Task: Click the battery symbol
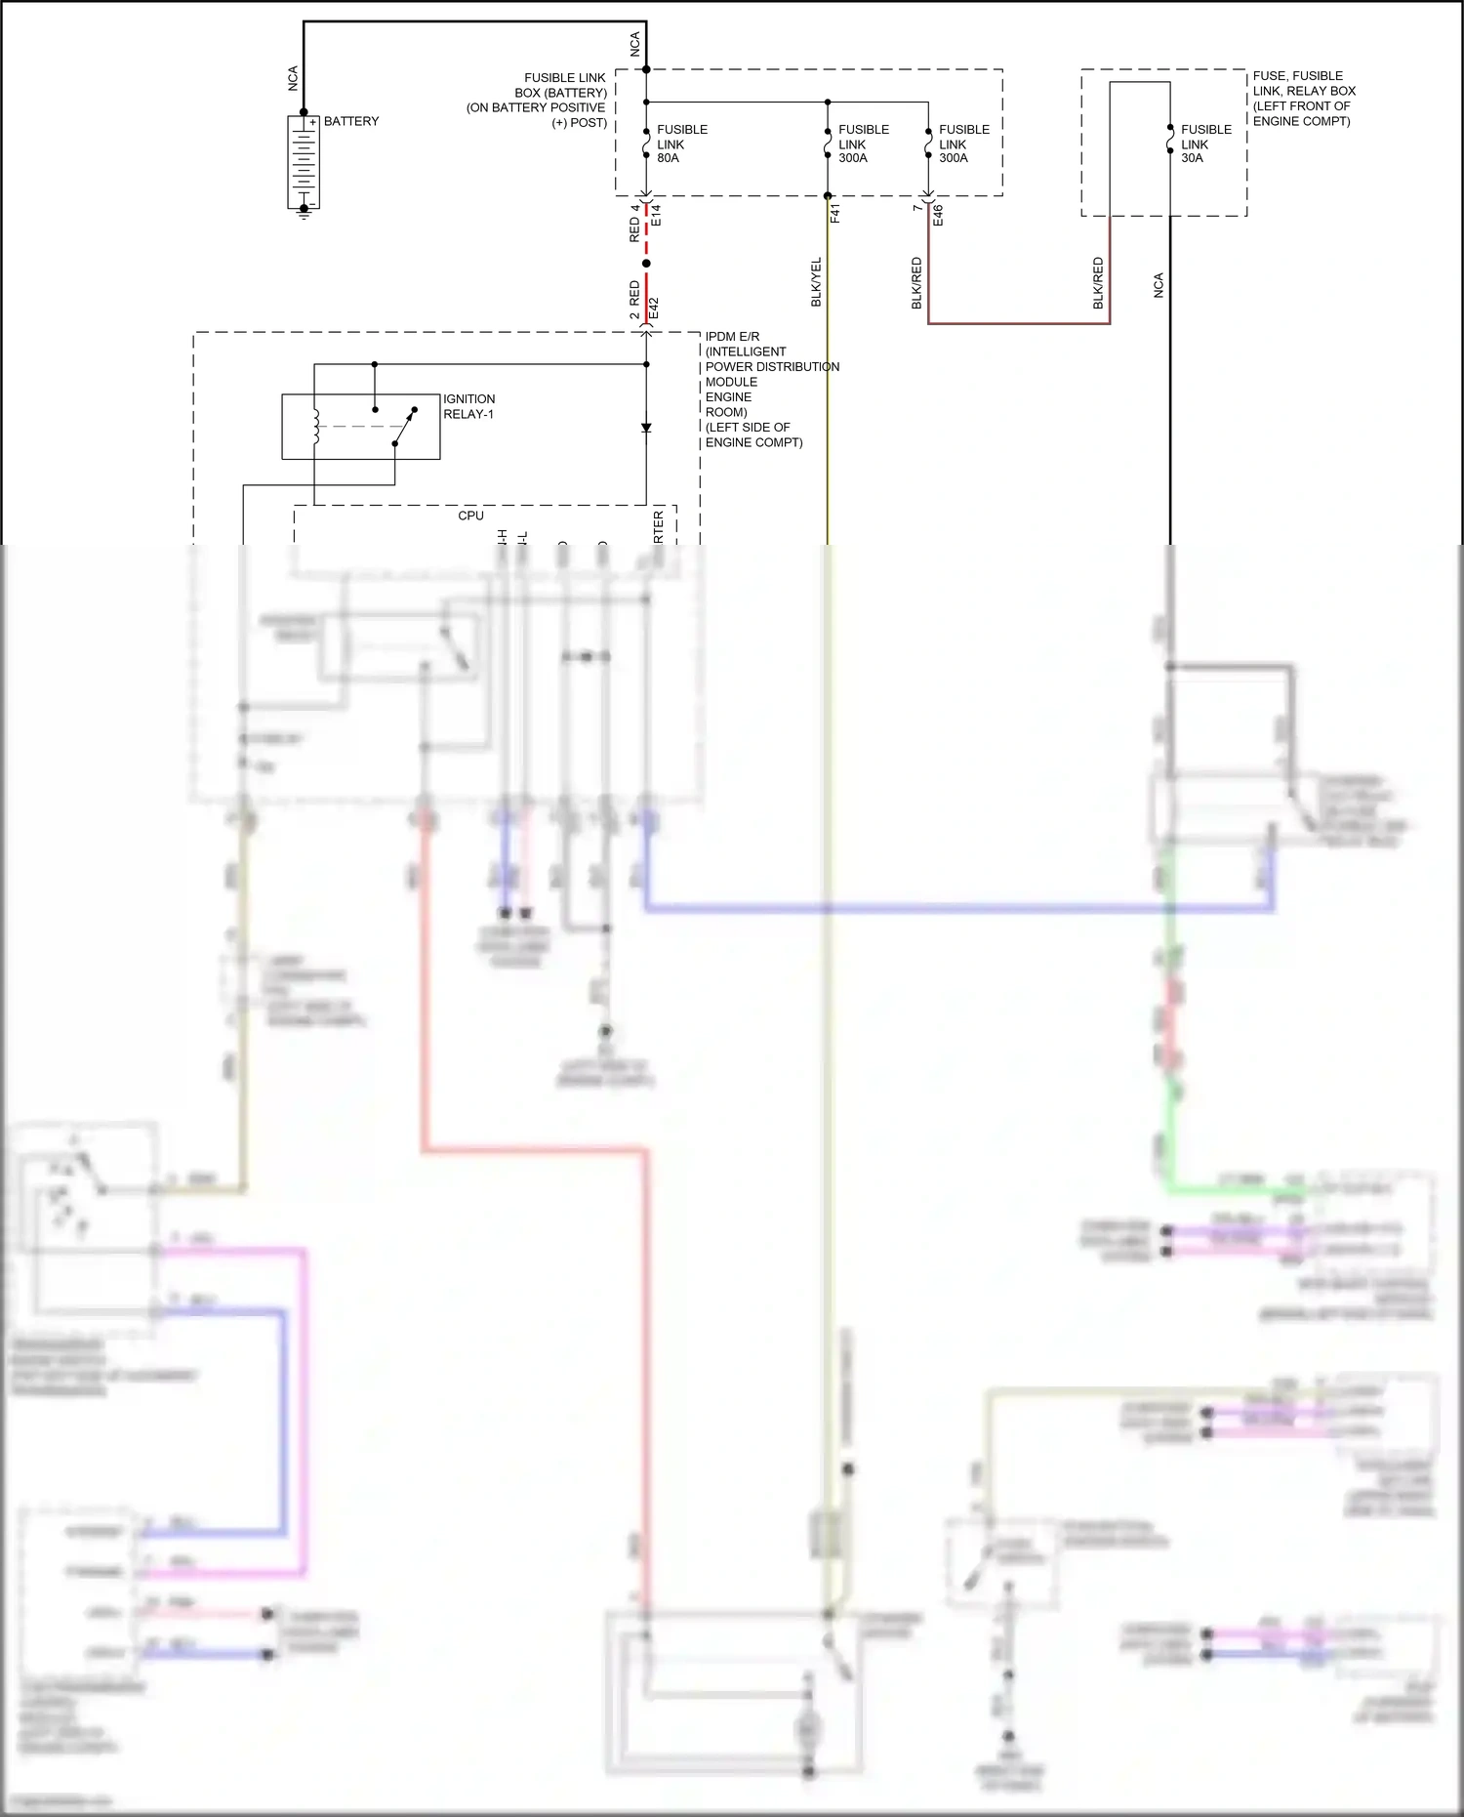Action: click(x=304, y=161)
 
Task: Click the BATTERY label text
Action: click(x=350, y=121)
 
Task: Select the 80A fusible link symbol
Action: click(x=646, y=144)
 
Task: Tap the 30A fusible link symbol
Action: click(x=1170, y=143)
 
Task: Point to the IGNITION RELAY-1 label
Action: click(x=468, y=406)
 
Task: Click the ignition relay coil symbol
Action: click(x=315, y=426)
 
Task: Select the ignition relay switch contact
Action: click(x=404, y=427)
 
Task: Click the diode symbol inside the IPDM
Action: click(x=646, y=428)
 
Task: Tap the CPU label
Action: click(x=470, y=516)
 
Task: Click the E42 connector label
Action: click(x=655, y=308)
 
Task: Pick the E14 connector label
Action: click(x=657, y=216)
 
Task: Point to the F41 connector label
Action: click(x=835, y=213)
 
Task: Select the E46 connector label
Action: click(x=938, y=215)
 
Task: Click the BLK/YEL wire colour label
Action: click(x=817, y=282)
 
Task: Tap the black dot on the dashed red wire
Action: click(x=646, y=264)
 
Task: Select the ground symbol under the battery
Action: click(x=304, y=214)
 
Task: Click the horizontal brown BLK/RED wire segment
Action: click(x=1018, y=323)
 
